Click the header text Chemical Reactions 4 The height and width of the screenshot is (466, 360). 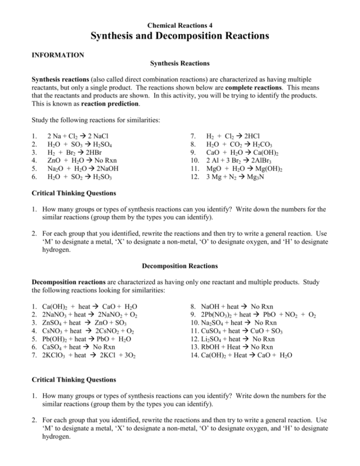pos(180,24)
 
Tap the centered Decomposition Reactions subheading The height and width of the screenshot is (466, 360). pos(180,265)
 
